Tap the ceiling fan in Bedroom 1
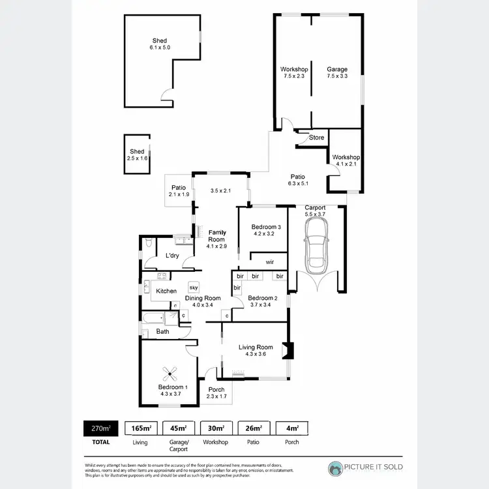pyautogui.click(x=171, y=374)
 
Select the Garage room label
pyautogui.click(x=337, y=70)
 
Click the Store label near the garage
pyautogui.click(x=316, y=138)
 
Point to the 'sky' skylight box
pyautogui.click(x=194, y=287)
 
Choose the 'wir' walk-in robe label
pyautogui.click(x=269, y=262)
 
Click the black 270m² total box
pyautogui.click(x=101, y=428)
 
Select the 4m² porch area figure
pyautogui.click(x=291, y=428)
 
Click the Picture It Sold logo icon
pyautogui.click(x=335, y=467)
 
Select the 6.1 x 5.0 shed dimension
pyautogui.click(x=160, y=48)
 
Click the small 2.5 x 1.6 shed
pyautogui.click(x=137, y=155)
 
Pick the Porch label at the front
pyautogui.click(x=216, y=390)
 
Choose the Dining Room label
pyautogui.click(x=203, y=298)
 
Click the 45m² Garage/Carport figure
pyautogui.click(x=179, y=428)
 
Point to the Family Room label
pyautogui.click(x=216, y=235)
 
